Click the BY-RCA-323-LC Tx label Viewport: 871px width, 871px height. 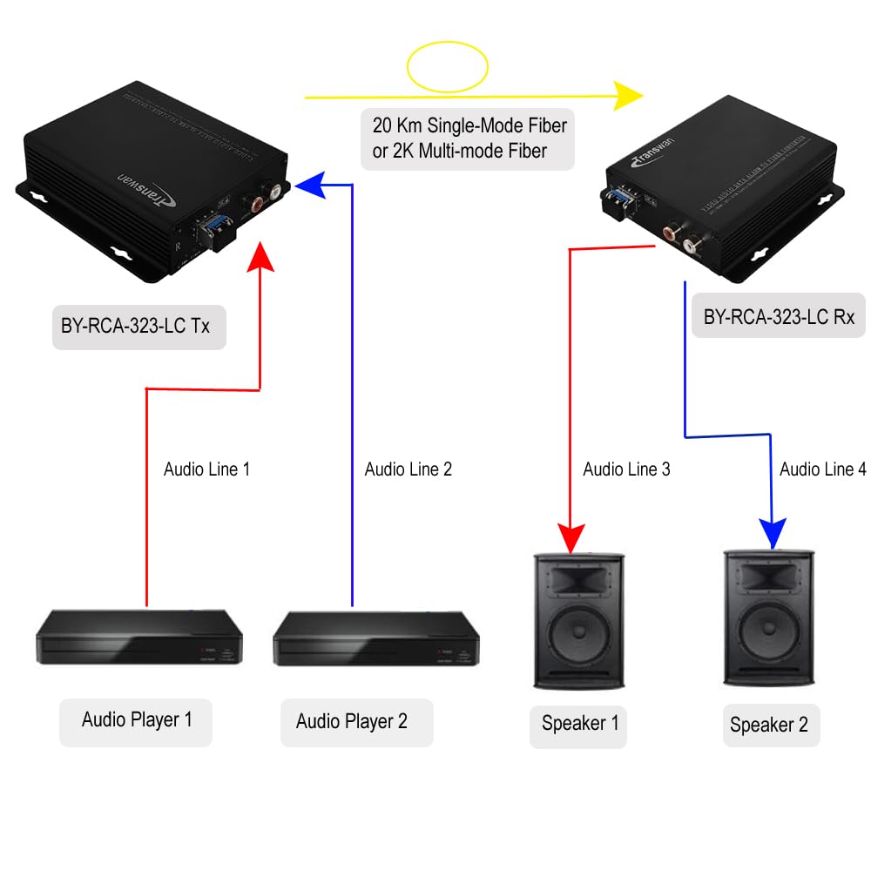[x=138, y=327]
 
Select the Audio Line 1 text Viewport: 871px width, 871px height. [x=207, y=469]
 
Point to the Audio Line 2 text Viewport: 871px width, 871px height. [x=408, y=469]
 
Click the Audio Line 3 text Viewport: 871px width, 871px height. [x=626, y=469]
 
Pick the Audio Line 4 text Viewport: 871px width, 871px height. [x=822, y=469]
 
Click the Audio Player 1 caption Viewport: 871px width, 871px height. [x=136, y=719]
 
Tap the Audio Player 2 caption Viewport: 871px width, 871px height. [x=351, y=721]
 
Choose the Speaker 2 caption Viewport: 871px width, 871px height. [x=768, y=725]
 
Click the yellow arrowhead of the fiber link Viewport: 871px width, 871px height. [x=627, y=96]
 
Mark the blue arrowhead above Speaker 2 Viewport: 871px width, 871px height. [x=772, y=534]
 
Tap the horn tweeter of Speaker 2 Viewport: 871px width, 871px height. [x=769, y=576]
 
